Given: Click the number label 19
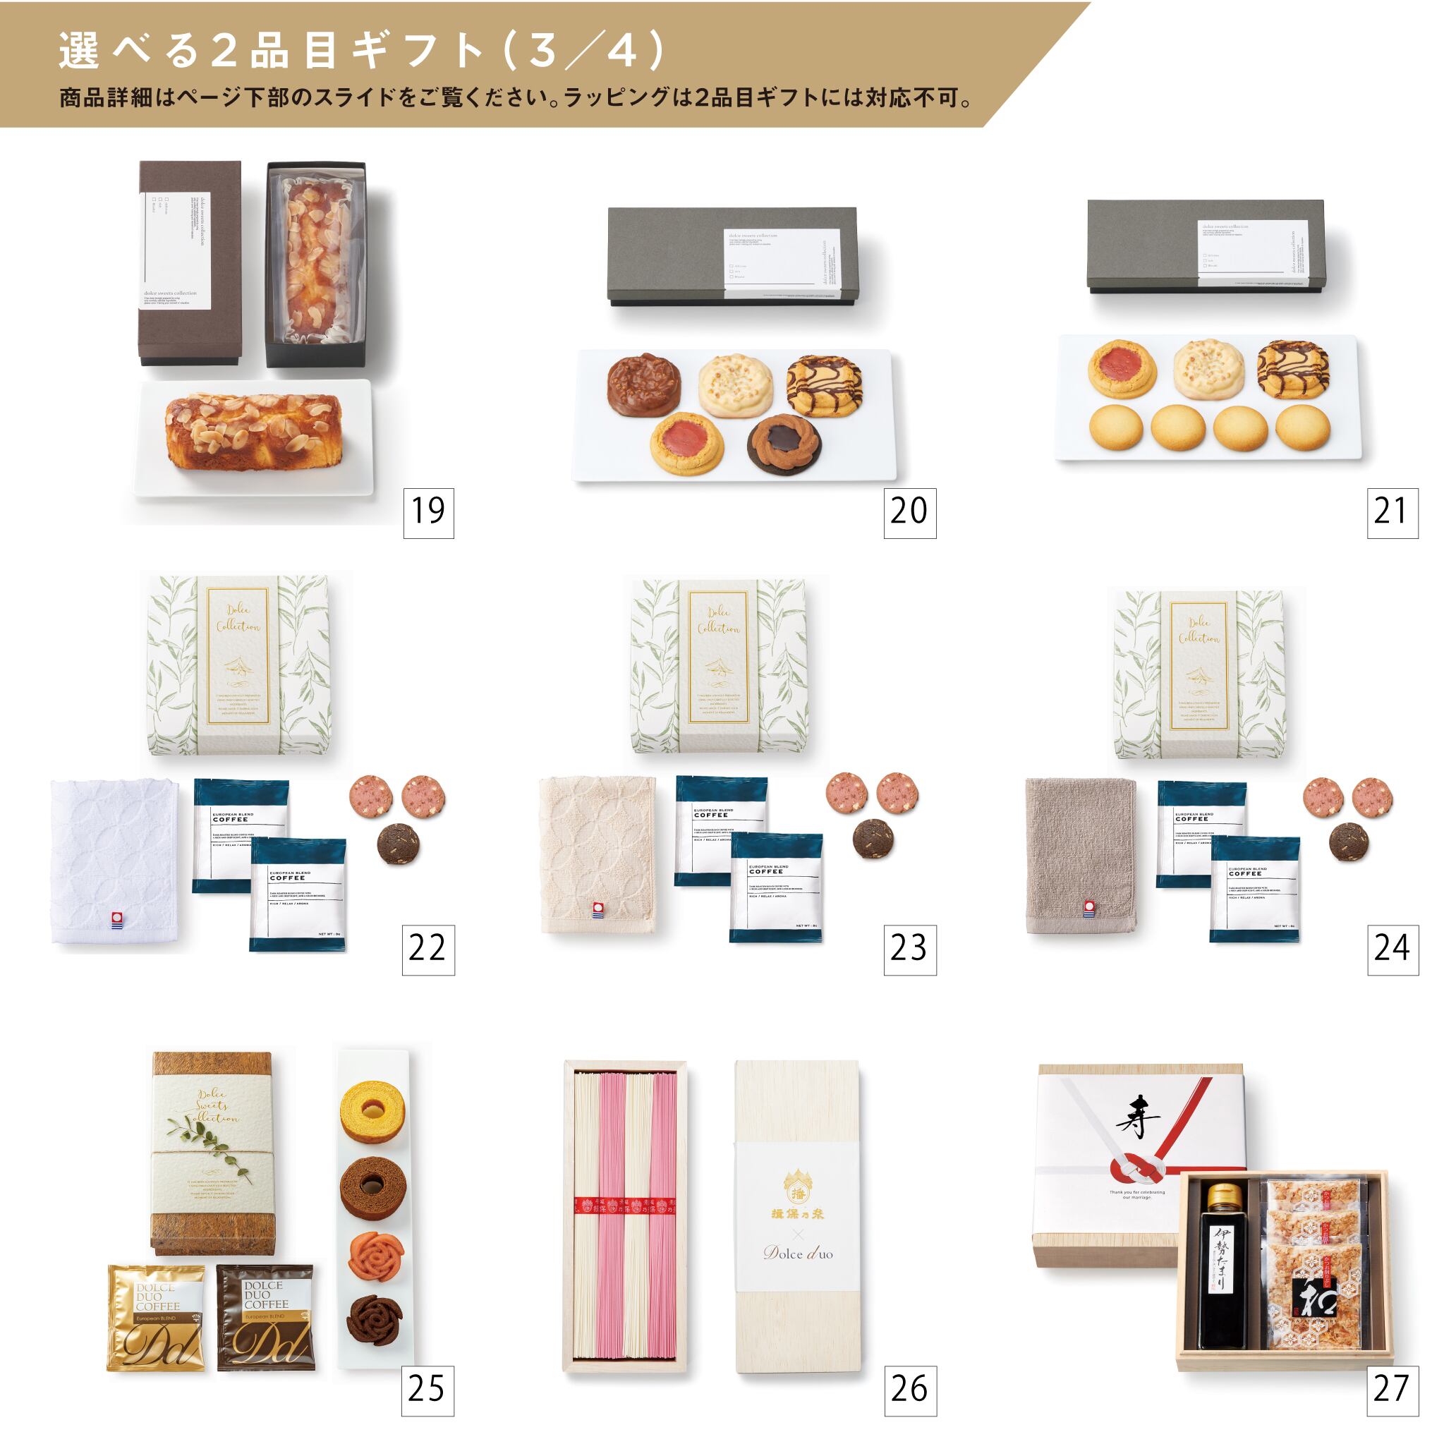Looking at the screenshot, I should [428, 513].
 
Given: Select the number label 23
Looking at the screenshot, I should [909, 949].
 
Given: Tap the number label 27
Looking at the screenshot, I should [1392, 1389].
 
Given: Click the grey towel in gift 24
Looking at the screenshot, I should [1080, 855].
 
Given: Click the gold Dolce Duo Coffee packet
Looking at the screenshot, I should [156, 1317].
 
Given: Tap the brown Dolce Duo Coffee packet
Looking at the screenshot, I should [265, 1317].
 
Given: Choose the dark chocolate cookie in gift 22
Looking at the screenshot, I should [398, 844].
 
